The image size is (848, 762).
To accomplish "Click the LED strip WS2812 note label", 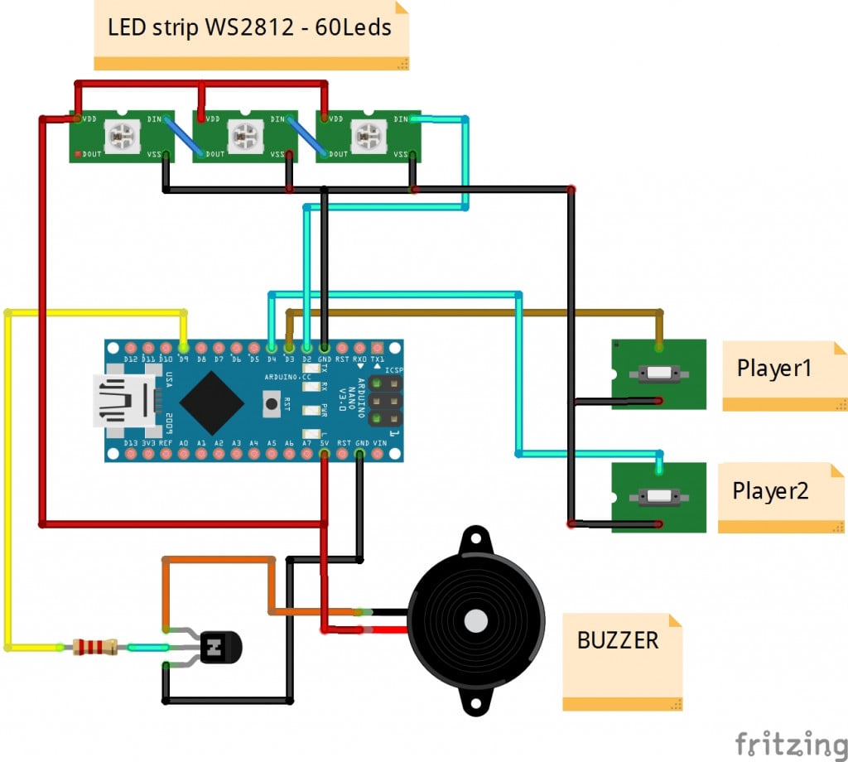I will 249,28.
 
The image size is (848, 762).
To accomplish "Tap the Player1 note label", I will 774,369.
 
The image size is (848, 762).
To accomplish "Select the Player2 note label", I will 770,491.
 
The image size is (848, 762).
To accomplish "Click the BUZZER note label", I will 618,640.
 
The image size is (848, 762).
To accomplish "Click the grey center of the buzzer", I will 475,620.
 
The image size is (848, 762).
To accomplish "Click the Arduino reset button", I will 271,405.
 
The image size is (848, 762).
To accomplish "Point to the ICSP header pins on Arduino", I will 384,402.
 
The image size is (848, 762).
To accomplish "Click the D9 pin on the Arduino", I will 183,348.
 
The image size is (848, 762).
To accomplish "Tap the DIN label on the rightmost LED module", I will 402,119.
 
